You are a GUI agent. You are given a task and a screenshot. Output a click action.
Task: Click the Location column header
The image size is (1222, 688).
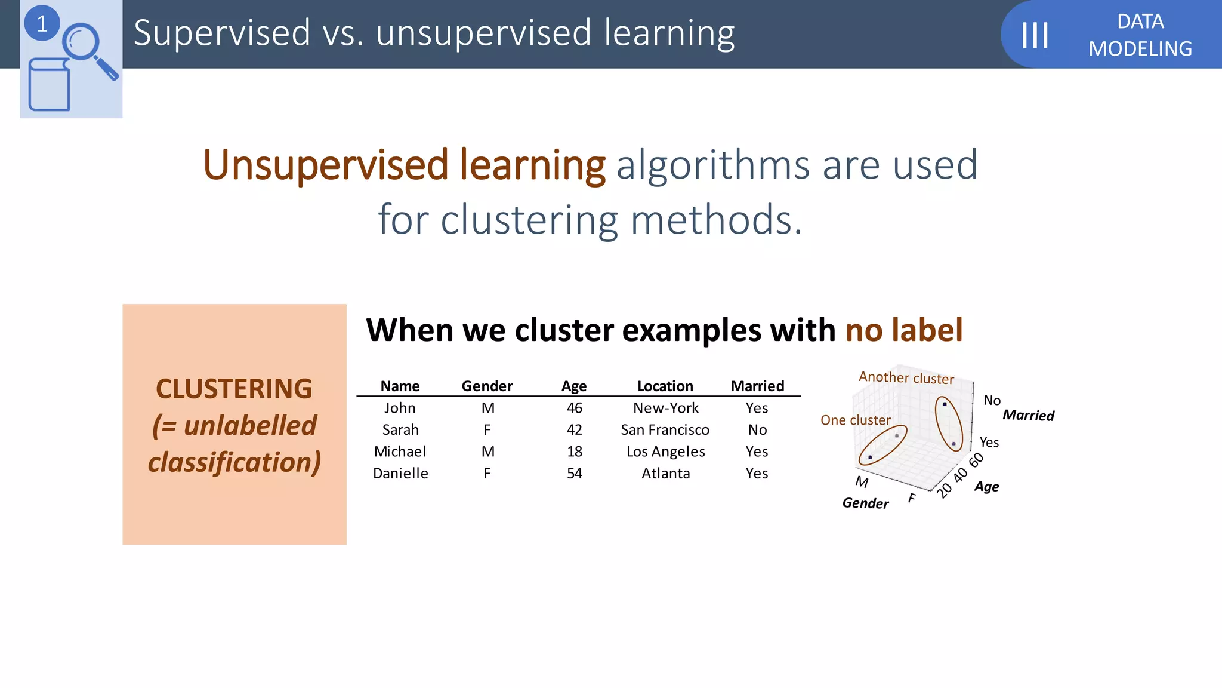665,386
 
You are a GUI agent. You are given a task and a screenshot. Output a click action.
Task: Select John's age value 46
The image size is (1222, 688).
574,408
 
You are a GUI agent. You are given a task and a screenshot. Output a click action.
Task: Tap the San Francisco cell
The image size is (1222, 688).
665,430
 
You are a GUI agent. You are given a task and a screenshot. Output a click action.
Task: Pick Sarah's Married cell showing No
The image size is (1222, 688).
757,430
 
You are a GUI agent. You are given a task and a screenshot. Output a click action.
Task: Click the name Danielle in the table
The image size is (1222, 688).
400,474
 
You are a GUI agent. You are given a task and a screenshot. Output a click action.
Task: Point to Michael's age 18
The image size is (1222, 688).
574,451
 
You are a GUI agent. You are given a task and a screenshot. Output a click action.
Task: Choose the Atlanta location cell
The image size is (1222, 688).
665,474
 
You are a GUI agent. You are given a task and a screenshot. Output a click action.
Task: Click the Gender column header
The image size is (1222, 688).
487,386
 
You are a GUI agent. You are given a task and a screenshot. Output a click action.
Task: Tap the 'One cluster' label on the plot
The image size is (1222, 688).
855,420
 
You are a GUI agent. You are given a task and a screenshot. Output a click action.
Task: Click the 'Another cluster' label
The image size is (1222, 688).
906,378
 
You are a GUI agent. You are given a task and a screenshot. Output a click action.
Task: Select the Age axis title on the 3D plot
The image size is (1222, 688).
986,487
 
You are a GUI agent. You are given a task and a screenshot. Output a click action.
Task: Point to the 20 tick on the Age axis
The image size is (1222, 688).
945,490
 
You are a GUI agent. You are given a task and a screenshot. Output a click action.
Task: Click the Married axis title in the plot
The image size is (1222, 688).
1028,415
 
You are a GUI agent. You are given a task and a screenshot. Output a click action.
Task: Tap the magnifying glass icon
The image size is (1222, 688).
87,48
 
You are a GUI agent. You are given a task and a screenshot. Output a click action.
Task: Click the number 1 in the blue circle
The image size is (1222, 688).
42,24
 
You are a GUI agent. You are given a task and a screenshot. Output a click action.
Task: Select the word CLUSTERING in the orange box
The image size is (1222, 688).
234,389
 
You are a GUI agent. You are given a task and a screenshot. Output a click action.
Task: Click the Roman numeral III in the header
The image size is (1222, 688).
1035,35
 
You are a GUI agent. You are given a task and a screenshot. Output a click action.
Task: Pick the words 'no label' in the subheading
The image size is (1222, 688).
903,330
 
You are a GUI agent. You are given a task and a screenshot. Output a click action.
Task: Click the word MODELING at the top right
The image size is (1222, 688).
1140,49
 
